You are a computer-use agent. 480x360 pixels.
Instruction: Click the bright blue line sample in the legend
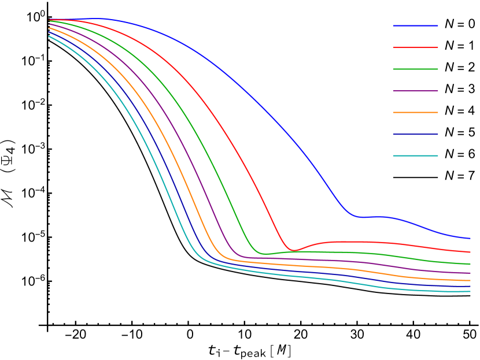tap(415, 25)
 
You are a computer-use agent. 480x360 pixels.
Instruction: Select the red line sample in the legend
tap(415, 47)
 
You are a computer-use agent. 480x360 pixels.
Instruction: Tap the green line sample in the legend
tap(415, 69)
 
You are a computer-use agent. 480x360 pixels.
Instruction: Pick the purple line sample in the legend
tap(415, 91)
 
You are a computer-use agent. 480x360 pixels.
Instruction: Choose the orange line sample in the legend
tap(415, 112)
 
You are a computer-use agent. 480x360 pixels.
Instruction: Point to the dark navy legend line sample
tap(415, 134)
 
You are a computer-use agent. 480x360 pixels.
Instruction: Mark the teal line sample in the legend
tap(415, 155)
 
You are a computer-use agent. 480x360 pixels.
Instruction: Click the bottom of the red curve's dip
tap(293, 250)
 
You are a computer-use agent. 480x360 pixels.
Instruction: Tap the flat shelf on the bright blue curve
tap(370, 217)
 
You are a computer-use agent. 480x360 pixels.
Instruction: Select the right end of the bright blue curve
tap(470, 238)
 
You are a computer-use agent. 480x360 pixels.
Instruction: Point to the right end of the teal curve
tap(470, 291)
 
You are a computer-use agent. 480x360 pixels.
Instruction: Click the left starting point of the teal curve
tap(49, 36)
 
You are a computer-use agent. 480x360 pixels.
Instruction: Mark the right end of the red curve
tap(470, 252)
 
